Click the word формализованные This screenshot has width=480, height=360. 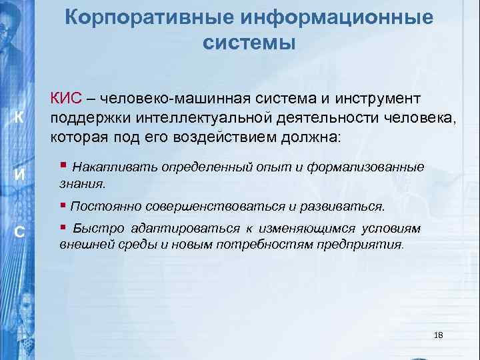[374, 166]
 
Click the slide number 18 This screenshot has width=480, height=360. [438, 334]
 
